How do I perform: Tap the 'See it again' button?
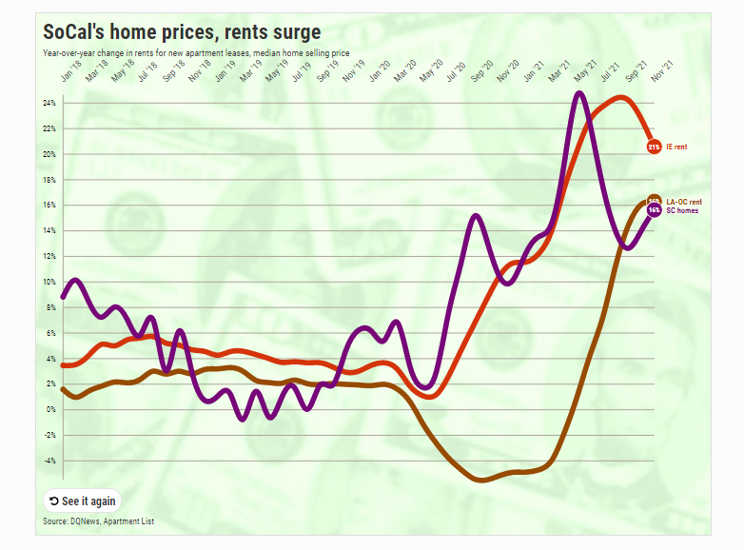(83, 501)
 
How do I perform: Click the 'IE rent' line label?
(676, 147)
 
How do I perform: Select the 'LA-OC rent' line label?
(683, 202)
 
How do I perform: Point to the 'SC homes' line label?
(681, 210)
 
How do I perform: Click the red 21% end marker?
(654, 147)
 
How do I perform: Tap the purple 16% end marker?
(654, 210)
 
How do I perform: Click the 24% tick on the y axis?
(49, 103)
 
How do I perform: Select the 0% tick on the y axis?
(51, 410)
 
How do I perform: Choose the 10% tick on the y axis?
(49, 282)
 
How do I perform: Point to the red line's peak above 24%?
(619, 97)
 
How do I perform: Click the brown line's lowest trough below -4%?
(481, 481)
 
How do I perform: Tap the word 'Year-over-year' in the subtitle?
(68, 52)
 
